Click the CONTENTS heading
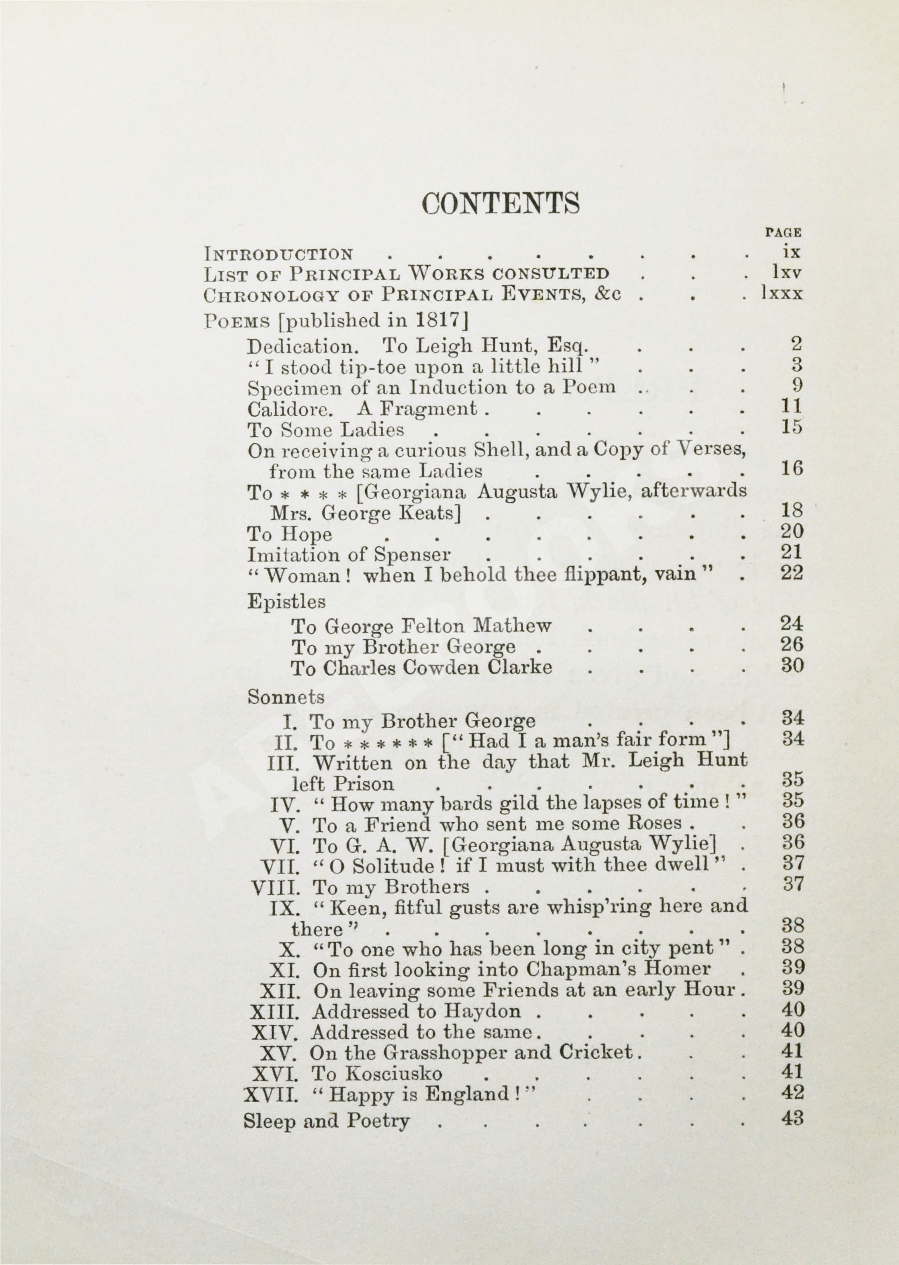[500, 203]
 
